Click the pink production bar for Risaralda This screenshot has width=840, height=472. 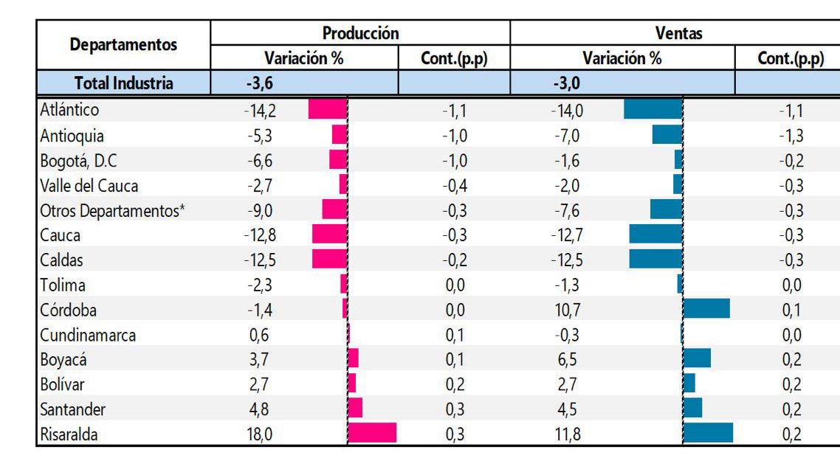click(371, 433)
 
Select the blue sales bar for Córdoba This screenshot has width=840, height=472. click(706, 308)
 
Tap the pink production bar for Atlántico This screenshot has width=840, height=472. click(327, 109)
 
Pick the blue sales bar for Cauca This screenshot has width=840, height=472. click(655, 235)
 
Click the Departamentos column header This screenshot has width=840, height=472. click(123, 45)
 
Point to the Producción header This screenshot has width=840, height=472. click(360, 33)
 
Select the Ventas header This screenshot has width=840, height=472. click(678, 33)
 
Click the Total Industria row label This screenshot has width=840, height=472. click(123, 83)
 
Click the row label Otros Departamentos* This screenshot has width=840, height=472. click(112, 210)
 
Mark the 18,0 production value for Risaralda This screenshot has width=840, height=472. click(260, 434)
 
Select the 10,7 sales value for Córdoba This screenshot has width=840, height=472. click(567, 310)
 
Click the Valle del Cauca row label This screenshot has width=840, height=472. click(89, 185)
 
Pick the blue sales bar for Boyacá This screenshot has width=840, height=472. click(697, 358)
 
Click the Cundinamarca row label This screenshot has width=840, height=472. click(88, 334)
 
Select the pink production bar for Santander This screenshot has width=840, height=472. click(354, 408)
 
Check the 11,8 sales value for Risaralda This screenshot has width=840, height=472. click(567, 434)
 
